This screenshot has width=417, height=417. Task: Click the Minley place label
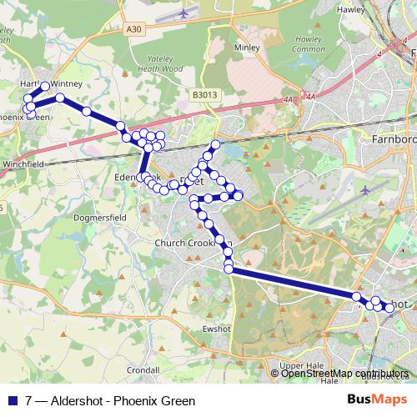[x=248, y=48]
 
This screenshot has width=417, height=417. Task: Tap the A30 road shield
[x=135, y=28]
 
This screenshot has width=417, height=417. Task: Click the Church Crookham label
[x=185, y=243]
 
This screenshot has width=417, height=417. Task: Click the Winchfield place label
[x=23, y=164]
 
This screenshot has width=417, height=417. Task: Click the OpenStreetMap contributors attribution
[x=344, y=374]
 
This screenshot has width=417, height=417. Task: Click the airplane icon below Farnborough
[x=366, y=190]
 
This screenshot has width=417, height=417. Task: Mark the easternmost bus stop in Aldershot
[x=389, y=308]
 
